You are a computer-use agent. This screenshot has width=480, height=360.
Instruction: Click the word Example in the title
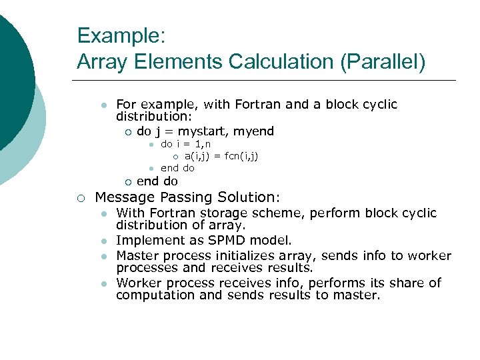[109, 36]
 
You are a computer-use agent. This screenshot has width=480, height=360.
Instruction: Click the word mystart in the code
[203, 131]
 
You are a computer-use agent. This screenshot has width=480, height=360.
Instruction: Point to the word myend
[253, 131]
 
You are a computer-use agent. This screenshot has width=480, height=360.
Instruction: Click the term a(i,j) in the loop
[197, 156]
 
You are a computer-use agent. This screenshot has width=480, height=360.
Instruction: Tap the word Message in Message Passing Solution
[124, 197]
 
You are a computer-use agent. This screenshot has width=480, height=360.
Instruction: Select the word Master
[136, 256]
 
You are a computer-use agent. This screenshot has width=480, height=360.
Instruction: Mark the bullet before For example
[103, 105]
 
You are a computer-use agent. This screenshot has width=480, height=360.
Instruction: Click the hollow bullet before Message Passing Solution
[80, 198]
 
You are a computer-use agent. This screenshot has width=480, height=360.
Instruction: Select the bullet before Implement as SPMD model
[103, 241]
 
